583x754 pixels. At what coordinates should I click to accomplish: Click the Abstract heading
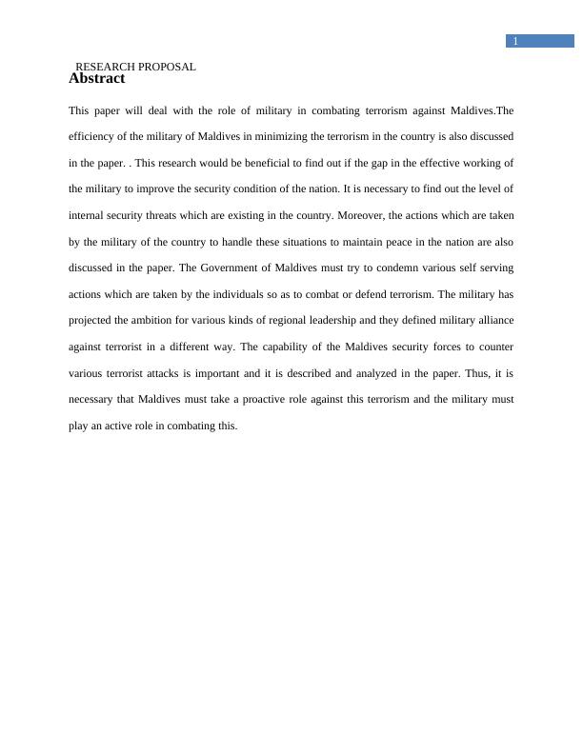coord(96,79)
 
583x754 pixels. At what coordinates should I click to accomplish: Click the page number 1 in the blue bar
coord(515,41)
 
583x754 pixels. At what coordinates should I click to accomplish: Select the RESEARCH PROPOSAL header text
coord(135,67)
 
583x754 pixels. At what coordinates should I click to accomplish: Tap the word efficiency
coord(91,137)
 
